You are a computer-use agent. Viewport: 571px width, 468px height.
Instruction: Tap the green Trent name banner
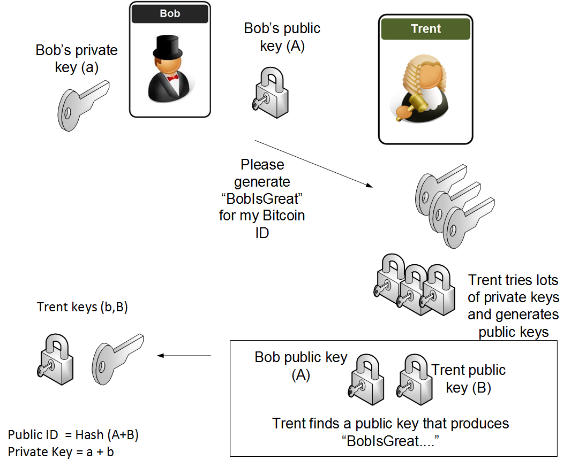pos(425,29)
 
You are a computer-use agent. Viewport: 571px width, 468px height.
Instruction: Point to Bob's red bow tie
pos(172,78)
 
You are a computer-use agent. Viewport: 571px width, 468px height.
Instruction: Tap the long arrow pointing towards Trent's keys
pos(313,164)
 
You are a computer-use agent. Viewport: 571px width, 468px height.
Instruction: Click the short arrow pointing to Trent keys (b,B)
pos(184,355)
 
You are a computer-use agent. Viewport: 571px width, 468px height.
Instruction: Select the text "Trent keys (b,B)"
pos(82,307)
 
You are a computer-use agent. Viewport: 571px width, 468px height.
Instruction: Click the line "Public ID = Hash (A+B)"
pos(73,435)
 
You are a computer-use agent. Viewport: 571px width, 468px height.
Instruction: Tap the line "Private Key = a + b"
pos(61,452)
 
